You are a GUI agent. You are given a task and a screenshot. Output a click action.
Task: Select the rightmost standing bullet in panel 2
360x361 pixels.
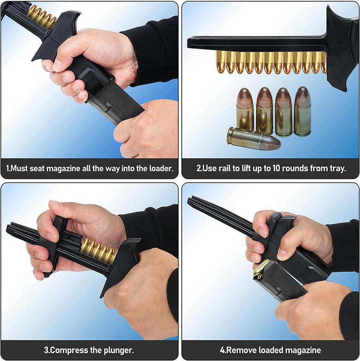click(302, 111)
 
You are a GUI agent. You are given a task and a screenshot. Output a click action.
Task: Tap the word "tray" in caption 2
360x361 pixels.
click(337, 168)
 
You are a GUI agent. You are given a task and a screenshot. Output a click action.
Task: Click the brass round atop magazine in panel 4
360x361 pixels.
click(261, 269)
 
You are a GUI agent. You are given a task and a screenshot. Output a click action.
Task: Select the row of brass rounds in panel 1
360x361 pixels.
click(41, 17)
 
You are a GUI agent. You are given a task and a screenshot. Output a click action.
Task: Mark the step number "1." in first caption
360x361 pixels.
click(8, 168)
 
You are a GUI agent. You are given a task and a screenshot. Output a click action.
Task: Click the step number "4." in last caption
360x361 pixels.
click(223, 350)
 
